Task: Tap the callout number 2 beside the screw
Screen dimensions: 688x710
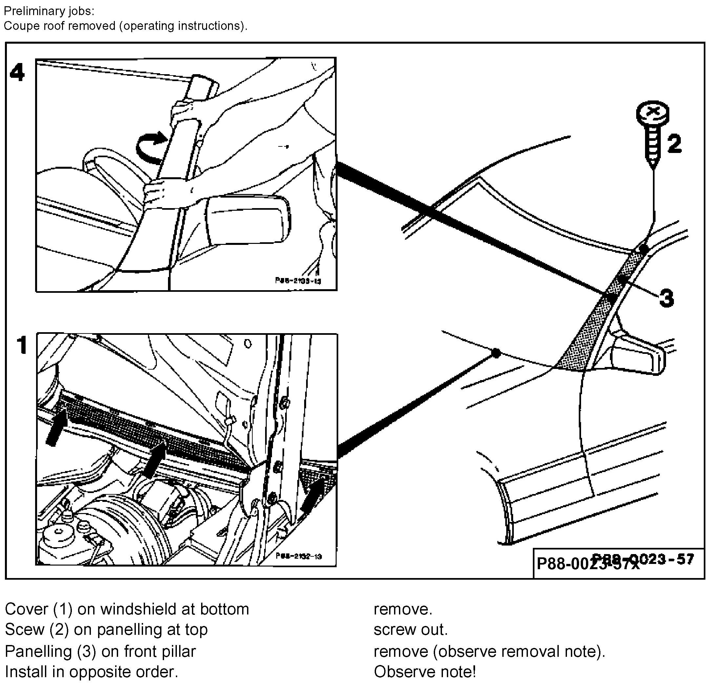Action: [675, 143]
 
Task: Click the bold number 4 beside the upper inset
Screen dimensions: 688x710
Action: [17, 73]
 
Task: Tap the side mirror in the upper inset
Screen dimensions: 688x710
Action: [247, 219]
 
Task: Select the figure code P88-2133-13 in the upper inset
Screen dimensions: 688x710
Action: [298, 281]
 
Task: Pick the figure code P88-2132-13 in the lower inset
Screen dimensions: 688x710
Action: [299, 556]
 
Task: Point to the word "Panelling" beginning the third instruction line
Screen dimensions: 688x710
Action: [38, 651]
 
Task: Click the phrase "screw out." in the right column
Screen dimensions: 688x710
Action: [410, 630]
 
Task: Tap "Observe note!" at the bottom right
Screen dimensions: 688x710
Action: [425, 672]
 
